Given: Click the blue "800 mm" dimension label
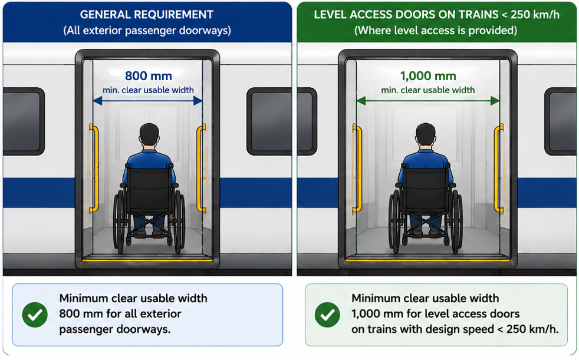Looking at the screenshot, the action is pos(149,76).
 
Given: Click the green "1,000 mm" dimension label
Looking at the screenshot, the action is pos(428,76).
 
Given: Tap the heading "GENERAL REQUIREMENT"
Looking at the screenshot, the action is pos(147,15).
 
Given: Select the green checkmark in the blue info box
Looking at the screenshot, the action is pos(35,315).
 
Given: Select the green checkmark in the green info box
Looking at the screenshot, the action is pos(327,315).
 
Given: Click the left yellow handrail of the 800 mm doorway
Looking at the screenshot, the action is pos(94,169).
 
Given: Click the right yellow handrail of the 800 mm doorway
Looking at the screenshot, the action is pos(201,169).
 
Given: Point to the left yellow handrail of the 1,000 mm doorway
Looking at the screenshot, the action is pos(357,169).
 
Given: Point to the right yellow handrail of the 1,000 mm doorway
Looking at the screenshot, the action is pos(499,169).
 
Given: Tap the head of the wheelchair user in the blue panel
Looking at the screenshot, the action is pos(149,135).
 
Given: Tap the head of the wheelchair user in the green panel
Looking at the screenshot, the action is pos(425,135).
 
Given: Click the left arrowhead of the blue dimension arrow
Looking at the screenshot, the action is pos(97,100).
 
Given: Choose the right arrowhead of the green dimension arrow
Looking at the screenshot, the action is pos(495,100).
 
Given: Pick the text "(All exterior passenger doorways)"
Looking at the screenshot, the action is pos(147,30).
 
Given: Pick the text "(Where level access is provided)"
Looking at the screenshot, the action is pos(436,30).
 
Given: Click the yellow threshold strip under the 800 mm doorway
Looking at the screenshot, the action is pos(147,260).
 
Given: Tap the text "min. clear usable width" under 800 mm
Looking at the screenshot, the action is pos(148,90).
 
